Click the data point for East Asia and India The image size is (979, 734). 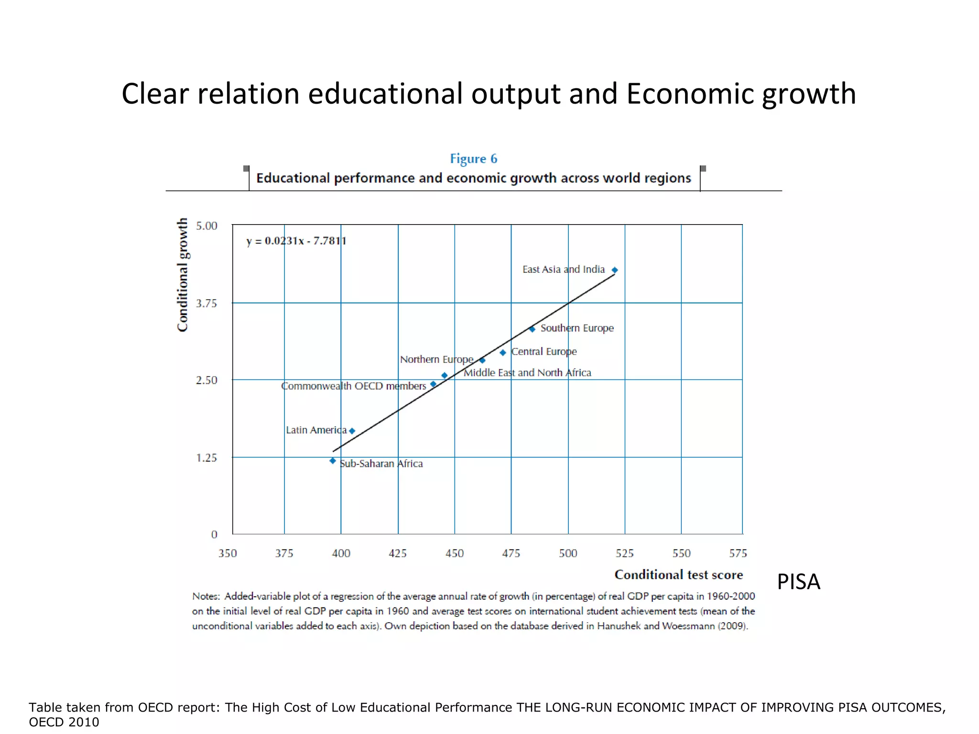pyautogui.click(x=615, y=270)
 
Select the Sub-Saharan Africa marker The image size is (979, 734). pyautogui.click(x=333, y=461)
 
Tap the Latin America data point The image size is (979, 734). pyautogui.click(x=352, y=431)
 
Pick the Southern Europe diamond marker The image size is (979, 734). pyautogui.click(x=532, y=329)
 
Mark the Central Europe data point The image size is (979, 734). pyautogui.click(x=503, y=353)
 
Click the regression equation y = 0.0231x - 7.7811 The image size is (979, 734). pyautogui.click(x=296, y=241)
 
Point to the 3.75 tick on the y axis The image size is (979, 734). pyautogui.click(x=207, y=303)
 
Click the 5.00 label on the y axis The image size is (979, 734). pyautogui.click(x=207, y=226)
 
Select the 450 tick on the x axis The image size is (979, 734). pyautogui.click(x=455, y=553)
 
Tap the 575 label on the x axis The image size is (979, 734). pyautogui.click(x=738, y=553)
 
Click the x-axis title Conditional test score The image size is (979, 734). pyautogui.click(x=679, y=575)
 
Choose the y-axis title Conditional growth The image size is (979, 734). pyautogui.click(x=183, y=275)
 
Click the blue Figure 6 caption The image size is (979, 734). pyautogui.click(x=474, y=159)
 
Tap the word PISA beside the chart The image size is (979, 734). pyautogui.click(x=798, y=582)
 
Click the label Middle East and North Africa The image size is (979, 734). pyautogui.click(x=527, y=373)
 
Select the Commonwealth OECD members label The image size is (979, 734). pyautogui.click(x=354, y=386)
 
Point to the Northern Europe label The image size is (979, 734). pyautogui.click(x=436, y=359)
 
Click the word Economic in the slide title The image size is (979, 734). pyautogui.click(x=690, y=94)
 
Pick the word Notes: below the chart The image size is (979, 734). pyautogui.click(x=206, y=596)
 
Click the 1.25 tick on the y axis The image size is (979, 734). pyautogui.click(x=207, y=458)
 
